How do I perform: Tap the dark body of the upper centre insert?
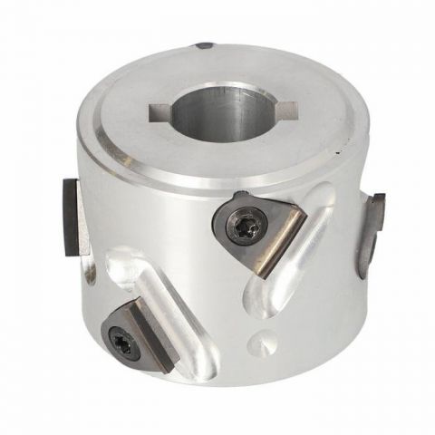pyautogui.click(x=240, y=217)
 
